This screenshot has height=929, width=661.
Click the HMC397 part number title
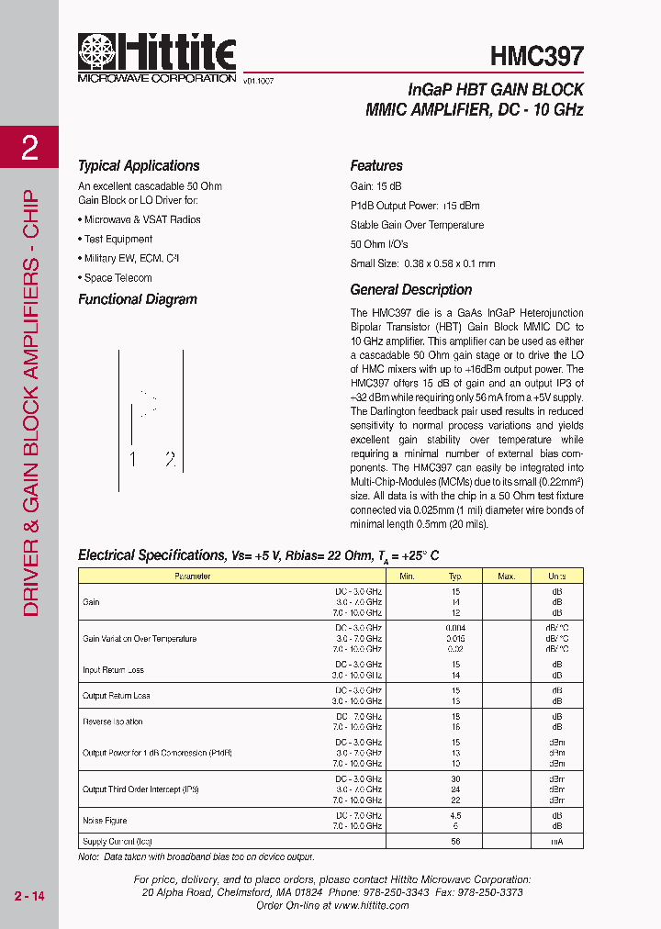click(537, 57)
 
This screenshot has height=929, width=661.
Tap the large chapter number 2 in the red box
click(30, 148)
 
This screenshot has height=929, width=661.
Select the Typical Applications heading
click(139, 166)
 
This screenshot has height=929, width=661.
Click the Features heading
click(376, 166)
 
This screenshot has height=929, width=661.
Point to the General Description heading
click(411, 290)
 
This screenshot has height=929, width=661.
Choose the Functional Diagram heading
click(138, 299)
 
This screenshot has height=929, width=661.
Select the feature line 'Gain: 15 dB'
click(376, 186)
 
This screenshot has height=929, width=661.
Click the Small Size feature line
click(422, 263)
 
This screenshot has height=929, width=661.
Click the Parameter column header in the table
click(193, 576)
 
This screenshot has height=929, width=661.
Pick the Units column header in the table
click(557, 576)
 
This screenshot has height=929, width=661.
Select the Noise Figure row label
click(106, 821)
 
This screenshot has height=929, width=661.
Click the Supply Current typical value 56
click(454, 842)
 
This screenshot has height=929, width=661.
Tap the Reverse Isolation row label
click(113, 722)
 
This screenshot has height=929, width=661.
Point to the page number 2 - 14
click(29, 895)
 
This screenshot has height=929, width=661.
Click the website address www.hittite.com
click(372, 905)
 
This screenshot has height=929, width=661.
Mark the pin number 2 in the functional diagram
click(169, 460)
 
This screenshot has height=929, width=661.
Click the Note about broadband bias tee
click(196, 856)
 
